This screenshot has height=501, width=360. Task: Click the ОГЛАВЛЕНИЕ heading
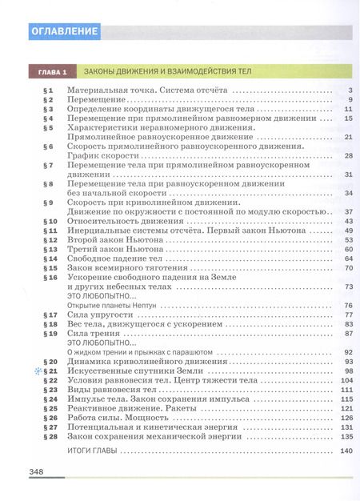click(63, 32)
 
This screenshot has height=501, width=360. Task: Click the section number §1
click(46, 90)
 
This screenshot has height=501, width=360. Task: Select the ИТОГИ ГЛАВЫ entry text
click(91, 453)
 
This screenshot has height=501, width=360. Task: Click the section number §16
click(48, 278)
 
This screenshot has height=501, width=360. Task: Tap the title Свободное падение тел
click(117, 259)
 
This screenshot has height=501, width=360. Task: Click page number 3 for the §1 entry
click(350, 90)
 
